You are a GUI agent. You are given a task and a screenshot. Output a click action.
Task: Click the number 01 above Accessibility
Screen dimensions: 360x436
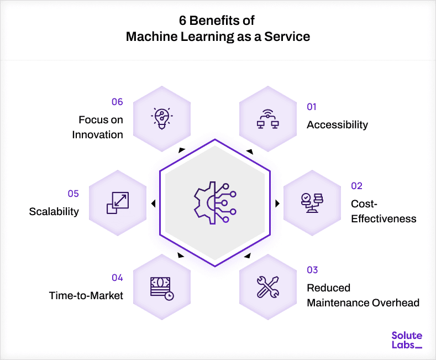[x=312, y=107]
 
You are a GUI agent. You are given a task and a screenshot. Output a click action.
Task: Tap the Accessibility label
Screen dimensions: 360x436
[x=337, y=124]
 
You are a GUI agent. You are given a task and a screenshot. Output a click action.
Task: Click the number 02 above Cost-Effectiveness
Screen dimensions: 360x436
[x=356, y=186]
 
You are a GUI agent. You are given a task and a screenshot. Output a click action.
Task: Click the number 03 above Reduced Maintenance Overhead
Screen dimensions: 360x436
[x=312, y=270]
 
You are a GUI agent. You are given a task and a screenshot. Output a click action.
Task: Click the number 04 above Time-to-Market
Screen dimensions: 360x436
[x=117, y=278]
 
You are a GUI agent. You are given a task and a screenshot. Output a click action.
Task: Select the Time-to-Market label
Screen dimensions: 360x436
[x=86, y=295]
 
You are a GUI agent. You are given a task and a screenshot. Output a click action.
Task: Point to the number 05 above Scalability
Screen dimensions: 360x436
[x=73, y=194]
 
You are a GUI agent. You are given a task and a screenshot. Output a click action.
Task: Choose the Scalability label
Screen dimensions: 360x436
[x=54, y=211]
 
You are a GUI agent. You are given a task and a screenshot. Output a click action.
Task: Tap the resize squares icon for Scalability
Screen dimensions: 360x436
[x=117, y=203]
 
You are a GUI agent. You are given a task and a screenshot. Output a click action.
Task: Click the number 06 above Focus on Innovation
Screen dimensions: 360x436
[x=117, y=102]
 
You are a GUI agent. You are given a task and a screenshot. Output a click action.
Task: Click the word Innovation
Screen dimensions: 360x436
[x=98, y=134]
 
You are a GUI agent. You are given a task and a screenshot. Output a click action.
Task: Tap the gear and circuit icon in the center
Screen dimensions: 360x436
[x=214, y=203]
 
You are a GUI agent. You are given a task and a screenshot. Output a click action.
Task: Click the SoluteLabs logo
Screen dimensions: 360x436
[x=406, y=340]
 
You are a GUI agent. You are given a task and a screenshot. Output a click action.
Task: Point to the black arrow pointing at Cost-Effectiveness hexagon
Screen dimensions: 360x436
[x=277, y=203]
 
